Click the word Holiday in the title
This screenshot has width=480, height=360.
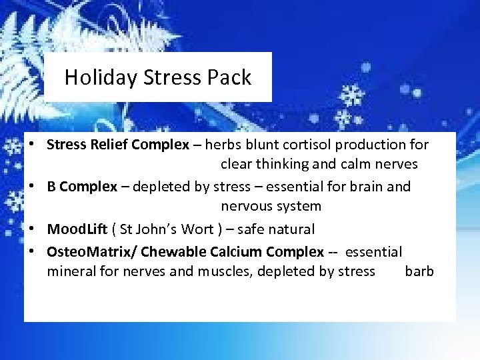pyautogui.click(x=93, y=78)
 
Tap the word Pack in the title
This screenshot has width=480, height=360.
pyautogui.click(x=230, y=78)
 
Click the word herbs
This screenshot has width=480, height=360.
pyautogui.click(x=223, y=145)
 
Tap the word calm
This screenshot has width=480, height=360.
pyautogui.click(x=359, y=164)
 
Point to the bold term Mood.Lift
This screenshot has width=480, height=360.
pyautogui.click(x=77, y=229)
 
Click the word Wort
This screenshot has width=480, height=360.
pyautogui.click(x=197, y=229)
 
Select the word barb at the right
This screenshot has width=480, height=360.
pyautogui.click(x=419, y=271)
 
